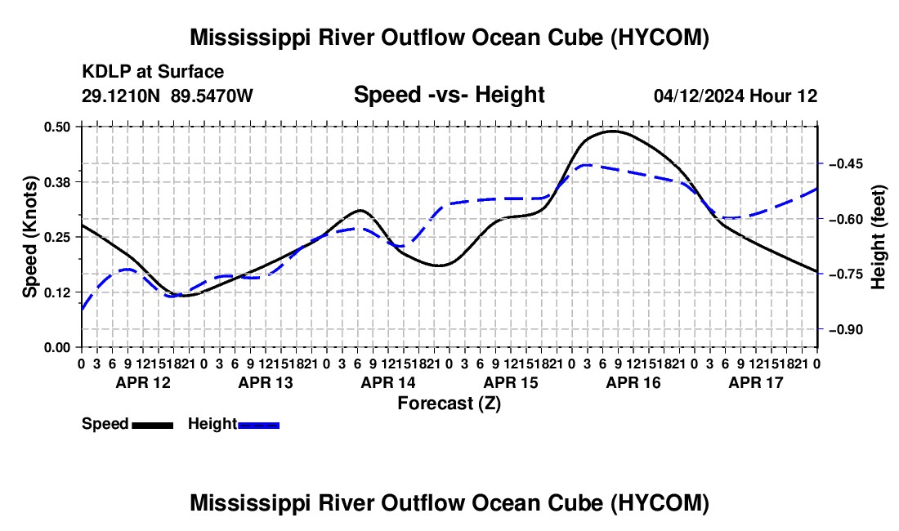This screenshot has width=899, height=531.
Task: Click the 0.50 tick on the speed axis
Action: tap(56, 127)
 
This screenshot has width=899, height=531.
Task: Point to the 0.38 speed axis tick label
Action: tap(56, 182)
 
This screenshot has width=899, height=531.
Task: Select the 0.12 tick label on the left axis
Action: tap(56, 292)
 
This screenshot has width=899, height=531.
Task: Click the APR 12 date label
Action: tap(143, 382)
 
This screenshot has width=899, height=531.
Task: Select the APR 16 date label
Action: tap(633, 382)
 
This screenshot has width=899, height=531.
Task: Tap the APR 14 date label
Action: tap(388, 382)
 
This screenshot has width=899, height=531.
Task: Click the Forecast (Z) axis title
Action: tap(449, 404)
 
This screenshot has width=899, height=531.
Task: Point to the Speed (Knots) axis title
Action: tap(29, 237)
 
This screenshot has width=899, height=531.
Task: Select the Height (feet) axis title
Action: tap(878, 237)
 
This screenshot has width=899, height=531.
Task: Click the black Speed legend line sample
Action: tap(153, 425)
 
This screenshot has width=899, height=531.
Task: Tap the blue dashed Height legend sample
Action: tap(258, 425)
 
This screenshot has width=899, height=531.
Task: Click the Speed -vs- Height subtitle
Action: tap(449, 95)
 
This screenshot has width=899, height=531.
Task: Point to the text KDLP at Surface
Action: tap(153, 72)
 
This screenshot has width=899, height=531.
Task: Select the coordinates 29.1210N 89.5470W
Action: tap(168, 96)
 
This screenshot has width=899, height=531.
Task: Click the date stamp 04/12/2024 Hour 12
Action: tap(736, 96)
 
